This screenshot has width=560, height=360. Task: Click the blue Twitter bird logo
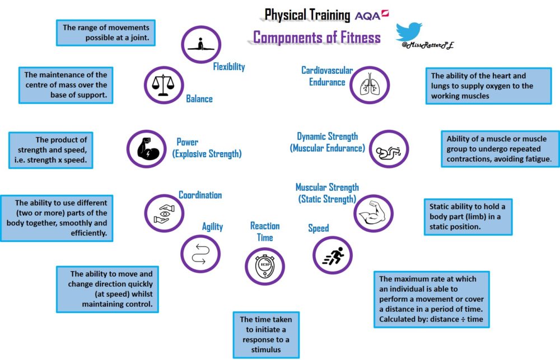pos(409,31)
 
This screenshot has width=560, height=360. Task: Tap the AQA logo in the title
pos(371,15)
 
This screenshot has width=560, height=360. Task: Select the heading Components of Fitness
pos(317,38)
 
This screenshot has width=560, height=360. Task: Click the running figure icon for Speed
pos(333,255)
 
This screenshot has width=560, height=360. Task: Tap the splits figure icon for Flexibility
pos(201,45)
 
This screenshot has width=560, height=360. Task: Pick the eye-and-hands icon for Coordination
pos(164,213)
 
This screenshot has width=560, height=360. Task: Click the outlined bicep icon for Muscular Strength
pos(374,213)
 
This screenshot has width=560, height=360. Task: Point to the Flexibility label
pos(228,67)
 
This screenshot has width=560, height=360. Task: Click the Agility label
pos(212,227)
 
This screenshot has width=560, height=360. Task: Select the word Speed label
pos(318,228)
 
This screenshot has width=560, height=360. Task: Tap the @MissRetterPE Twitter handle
pos(424,45)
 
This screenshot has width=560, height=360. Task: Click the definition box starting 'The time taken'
pos(265,335)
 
